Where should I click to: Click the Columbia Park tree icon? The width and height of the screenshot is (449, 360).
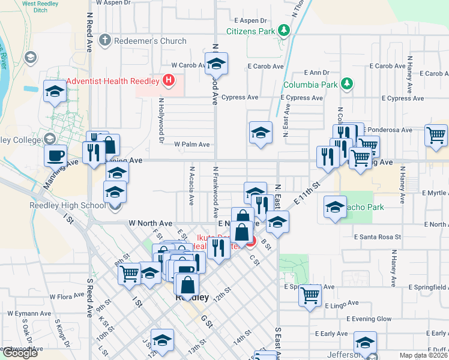coord(346,84)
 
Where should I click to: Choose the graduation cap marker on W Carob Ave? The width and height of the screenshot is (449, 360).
coord(216,63)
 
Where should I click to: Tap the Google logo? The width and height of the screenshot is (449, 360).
coord(19,353)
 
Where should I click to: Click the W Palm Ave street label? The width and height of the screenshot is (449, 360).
coord(192,144)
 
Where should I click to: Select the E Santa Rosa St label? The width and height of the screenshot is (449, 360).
coord(377,237)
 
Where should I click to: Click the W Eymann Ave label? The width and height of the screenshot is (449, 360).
coord(29,313)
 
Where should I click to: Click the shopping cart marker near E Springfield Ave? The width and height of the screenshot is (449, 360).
coord(310,295)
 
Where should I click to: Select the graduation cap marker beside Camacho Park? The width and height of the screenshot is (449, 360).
coord(335,208)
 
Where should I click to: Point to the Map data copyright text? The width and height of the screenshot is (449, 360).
coord(423,355)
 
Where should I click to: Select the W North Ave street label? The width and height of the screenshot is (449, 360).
coord(150,223)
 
